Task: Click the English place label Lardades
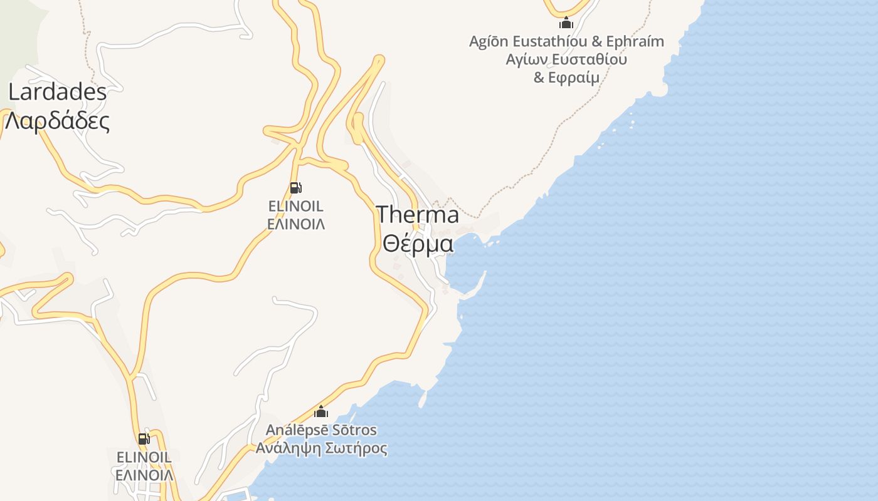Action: (x=57, y=92)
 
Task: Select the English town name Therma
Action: (x=418, y=215)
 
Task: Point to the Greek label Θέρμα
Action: (x=418, y=243)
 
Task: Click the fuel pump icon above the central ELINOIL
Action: (x=295, y=187)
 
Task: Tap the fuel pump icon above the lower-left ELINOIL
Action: (x=144, y=439)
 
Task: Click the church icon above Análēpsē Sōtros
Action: (x=321, y=411)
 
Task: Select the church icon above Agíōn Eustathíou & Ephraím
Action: (x=566, y=23)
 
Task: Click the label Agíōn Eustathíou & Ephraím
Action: (x=566, y=41)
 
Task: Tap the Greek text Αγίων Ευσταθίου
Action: (x=566, y=59)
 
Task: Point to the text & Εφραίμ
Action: (x=566, y=78)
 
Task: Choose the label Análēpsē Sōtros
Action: (x=321, y=430)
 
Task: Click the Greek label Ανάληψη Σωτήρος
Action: (x=321, y=448)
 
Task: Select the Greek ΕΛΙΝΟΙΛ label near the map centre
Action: (x=296, y=224)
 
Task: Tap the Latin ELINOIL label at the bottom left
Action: (x=144, y=457)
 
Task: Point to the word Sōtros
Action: (x=354, y=430)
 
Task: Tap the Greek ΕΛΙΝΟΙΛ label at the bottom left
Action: (x=144, y=475)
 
